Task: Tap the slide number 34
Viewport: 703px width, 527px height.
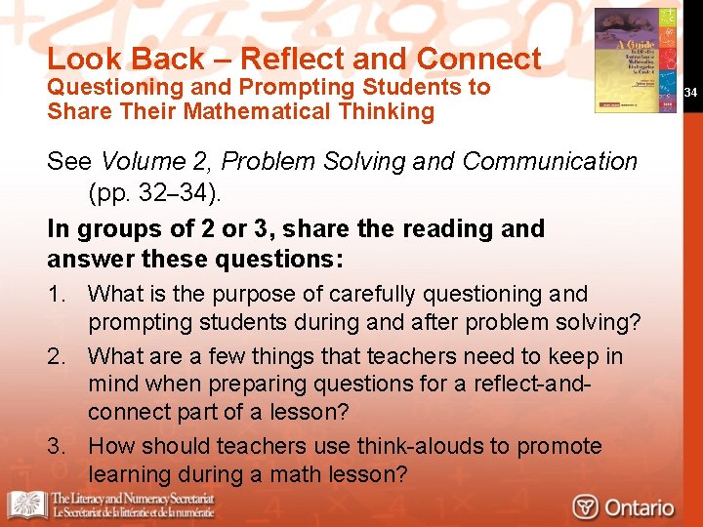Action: point(690,93)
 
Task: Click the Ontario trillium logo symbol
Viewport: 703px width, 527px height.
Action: point(585,507)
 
